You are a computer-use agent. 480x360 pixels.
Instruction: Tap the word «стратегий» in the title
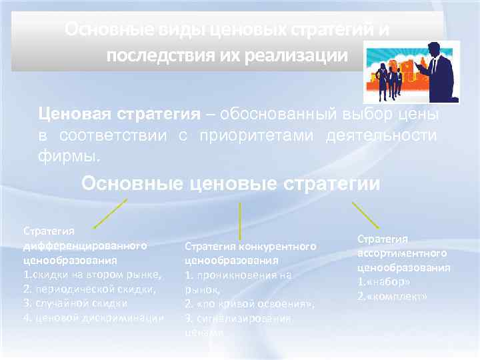point(316,31)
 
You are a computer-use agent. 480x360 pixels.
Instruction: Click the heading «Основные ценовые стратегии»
point(231,183)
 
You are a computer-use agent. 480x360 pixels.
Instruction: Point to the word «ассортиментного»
point(402,253)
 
